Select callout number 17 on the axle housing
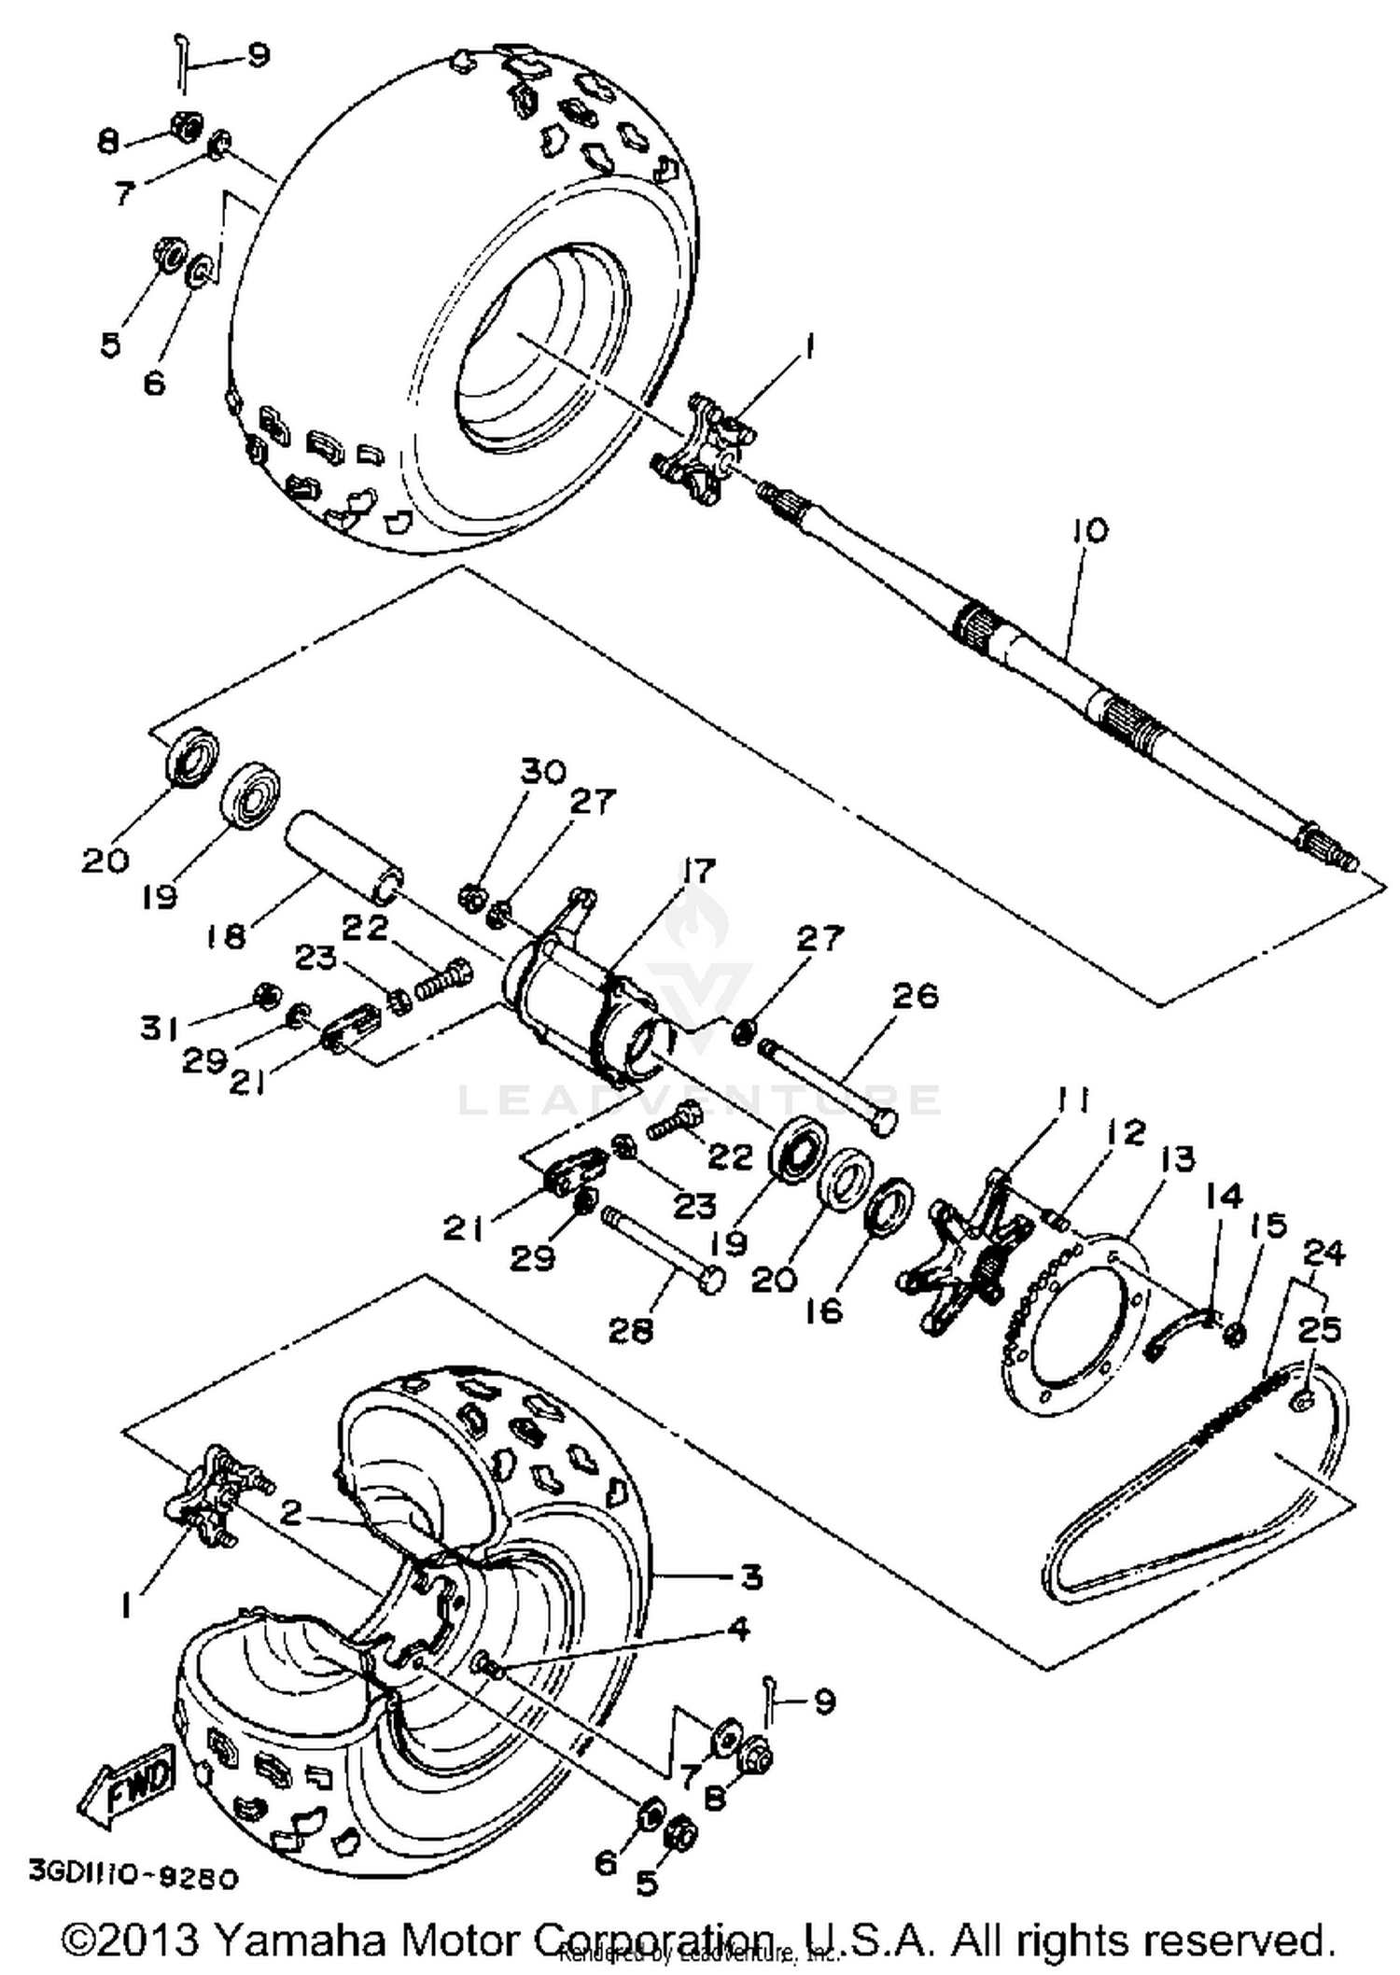[697, 871]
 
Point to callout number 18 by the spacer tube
[225, 934]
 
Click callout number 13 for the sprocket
[1178, 1159]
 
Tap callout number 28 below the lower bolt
[631, 1330]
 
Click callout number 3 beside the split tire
[751, 1577]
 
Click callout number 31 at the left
[160, 1029]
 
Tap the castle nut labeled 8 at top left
[186, 125]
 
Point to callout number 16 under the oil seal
[825, 1310]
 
